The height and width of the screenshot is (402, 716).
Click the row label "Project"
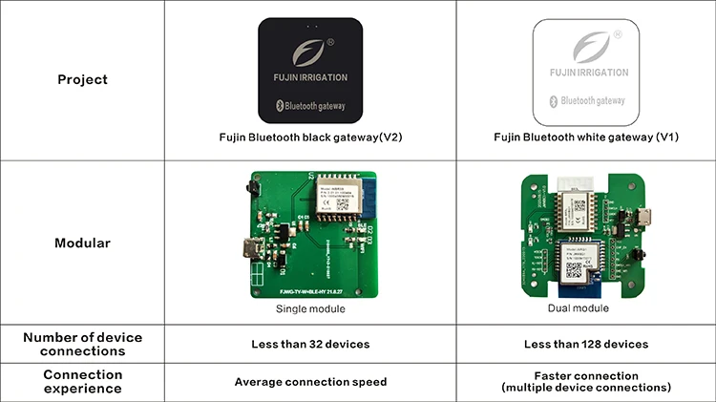pyautogui.click(x=82, y=79)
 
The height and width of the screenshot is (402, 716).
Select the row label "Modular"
pyautogui.click(x=82, y=243)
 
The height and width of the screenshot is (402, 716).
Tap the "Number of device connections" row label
pyautogui.click(x=82, y=344)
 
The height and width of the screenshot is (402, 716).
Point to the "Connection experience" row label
pyautogui.click(x=82, y=382)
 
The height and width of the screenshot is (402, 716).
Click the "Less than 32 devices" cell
pyautogui.click(x=310, y=344)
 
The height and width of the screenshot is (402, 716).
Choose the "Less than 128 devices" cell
pyautogui.click(x=585, y=344)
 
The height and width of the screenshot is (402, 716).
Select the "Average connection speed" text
pyautogui.click(x=310, y=382)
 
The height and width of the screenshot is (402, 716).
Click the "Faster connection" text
pyautogui.click(x=585, y=376)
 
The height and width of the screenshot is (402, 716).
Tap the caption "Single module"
pyautogui.click(x=309, y=310)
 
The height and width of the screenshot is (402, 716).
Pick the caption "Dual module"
pyautogui.click(x=579, y=308)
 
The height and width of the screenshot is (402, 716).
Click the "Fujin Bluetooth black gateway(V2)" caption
pyautogui.click(x=310, y=138)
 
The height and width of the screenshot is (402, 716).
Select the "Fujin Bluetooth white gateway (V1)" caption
pyautogui.click(x=585, y=138)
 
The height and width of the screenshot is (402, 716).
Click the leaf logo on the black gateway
pyautogui.click(x=310, y=51)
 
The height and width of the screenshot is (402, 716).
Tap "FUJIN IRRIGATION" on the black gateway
pyautogui.click(x=310, y=76)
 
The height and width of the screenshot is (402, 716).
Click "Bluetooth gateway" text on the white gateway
pyautogui.click(x=593, y=99)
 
